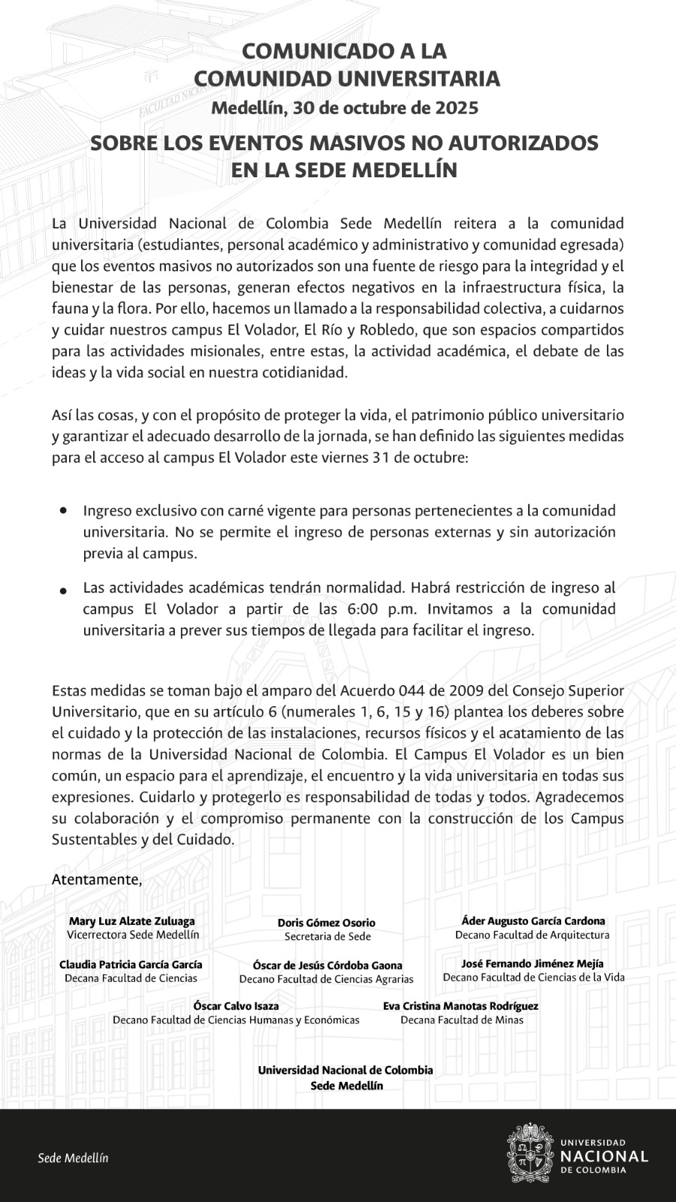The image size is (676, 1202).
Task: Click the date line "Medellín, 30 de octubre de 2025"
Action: point(345,107)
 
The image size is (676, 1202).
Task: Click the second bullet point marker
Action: point(64,591)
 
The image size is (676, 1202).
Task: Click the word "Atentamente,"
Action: point(97,879)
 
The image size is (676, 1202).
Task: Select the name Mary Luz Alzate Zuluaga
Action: point(132,921)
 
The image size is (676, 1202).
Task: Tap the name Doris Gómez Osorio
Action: point(327,923)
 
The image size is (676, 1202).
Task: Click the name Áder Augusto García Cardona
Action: point(533,921)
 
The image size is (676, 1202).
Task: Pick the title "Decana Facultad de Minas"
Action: point(462,1019)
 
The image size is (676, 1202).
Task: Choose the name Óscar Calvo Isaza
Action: point(236,1006)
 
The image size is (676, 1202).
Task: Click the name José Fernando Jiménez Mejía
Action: point(533,964)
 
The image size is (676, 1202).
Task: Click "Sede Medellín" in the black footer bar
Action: point(73,1158)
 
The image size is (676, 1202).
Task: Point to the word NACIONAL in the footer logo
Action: point(604,1155)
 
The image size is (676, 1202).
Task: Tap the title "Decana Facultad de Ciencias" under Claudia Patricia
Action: point(131,978)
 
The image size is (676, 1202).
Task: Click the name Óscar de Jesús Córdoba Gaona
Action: point(327,965)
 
